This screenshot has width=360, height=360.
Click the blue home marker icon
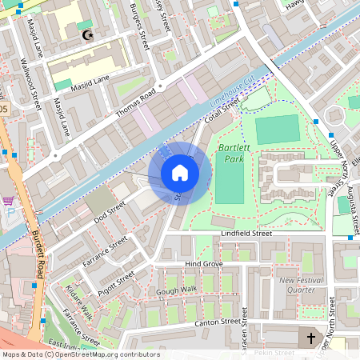pos(179,173)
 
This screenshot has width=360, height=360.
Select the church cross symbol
pos(311,338)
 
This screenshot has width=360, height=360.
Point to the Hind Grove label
pos(203,263)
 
